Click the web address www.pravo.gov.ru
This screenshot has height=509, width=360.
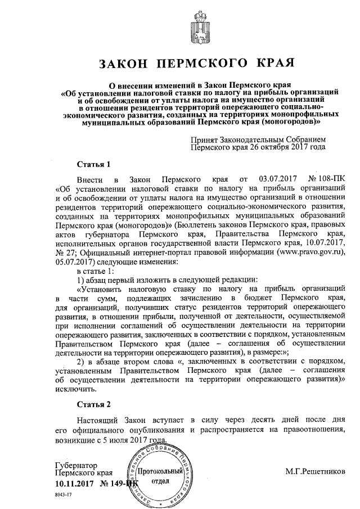(x=305, y=253)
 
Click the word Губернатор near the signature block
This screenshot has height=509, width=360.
(x=76, y=466)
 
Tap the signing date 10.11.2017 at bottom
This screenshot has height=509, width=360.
(x=73, y=483)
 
